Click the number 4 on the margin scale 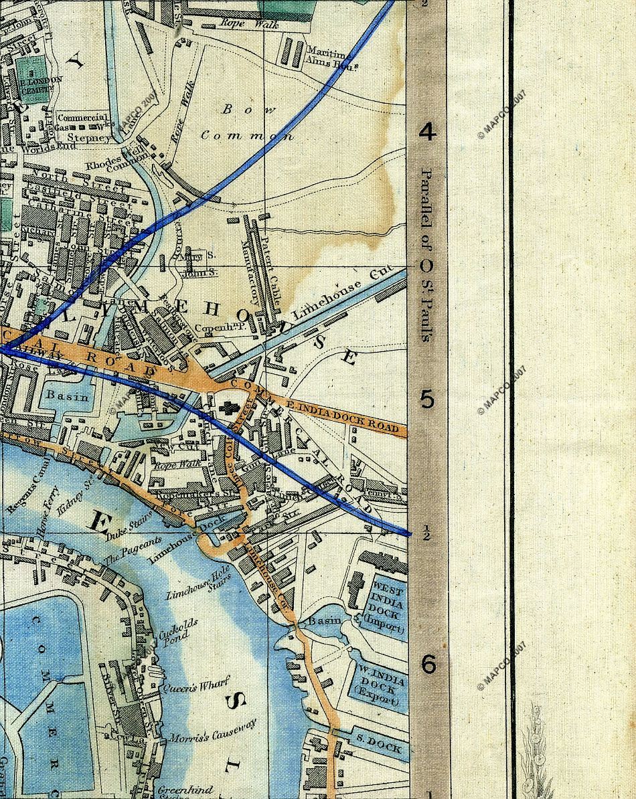[x=427, y=132]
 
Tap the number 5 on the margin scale [x=427, y=399]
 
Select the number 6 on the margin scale [x=427, y=664]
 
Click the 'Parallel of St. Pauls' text [x=426, y=254]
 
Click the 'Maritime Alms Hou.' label [x=326, y=57]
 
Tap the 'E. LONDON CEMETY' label [x=42, y=84]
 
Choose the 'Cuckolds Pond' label [x=176, y=631]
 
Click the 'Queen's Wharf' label [x=195, y=684]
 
